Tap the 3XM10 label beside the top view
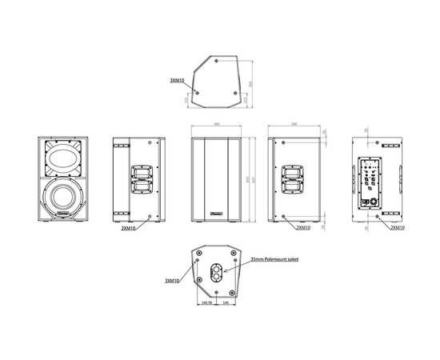click(x=177, y=81)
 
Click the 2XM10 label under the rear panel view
click(x=394, y=227)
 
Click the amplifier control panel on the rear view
click(x=370, y=181)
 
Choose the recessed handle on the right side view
click(x=292, y=180)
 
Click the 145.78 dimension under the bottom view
click(x=206, y=305)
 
